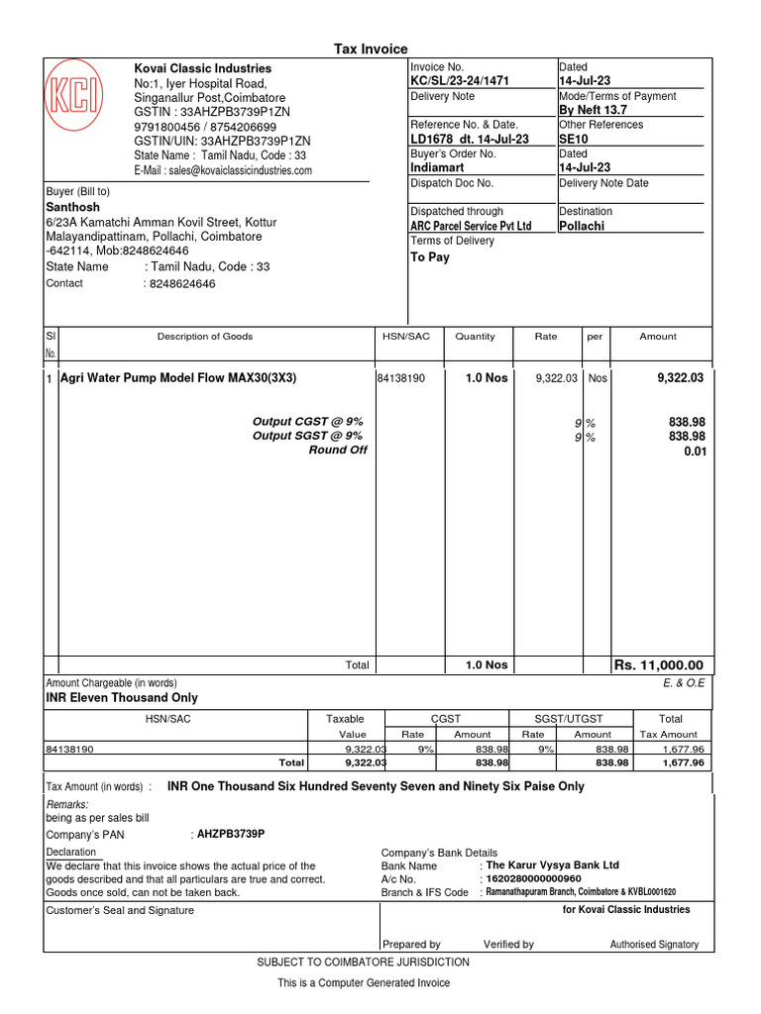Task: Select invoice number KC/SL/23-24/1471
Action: click(x=459, y=81)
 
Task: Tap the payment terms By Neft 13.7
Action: click(x=595, y=110)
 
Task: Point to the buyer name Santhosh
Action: click(x=73, y=207)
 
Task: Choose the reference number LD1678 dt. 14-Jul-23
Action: click(x=470, y=140)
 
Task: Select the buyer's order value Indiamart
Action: click(x=438, y=168)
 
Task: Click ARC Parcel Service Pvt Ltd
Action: click(x=471, y=226)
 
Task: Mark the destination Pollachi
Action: click(x=582, y=226)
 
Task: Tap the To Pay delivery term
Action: click(x=430, y=256)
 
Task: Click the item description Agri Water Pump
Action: click(x=178, y=378)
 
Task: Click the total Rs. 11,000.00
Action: click(x=659, y=665)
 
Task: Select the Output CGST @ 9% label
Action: click(x=307, y=422)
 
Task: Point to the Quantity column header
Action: click(x=475, y=337)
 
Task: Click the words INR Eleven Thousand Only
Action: click(x=122, y=698)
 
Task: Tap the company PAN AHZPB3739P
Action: click(x=231, y=834)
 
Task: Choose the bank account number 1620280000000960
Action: click(x=532, y=879)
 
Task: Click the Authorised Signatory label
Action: click(x=654, y=945)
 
